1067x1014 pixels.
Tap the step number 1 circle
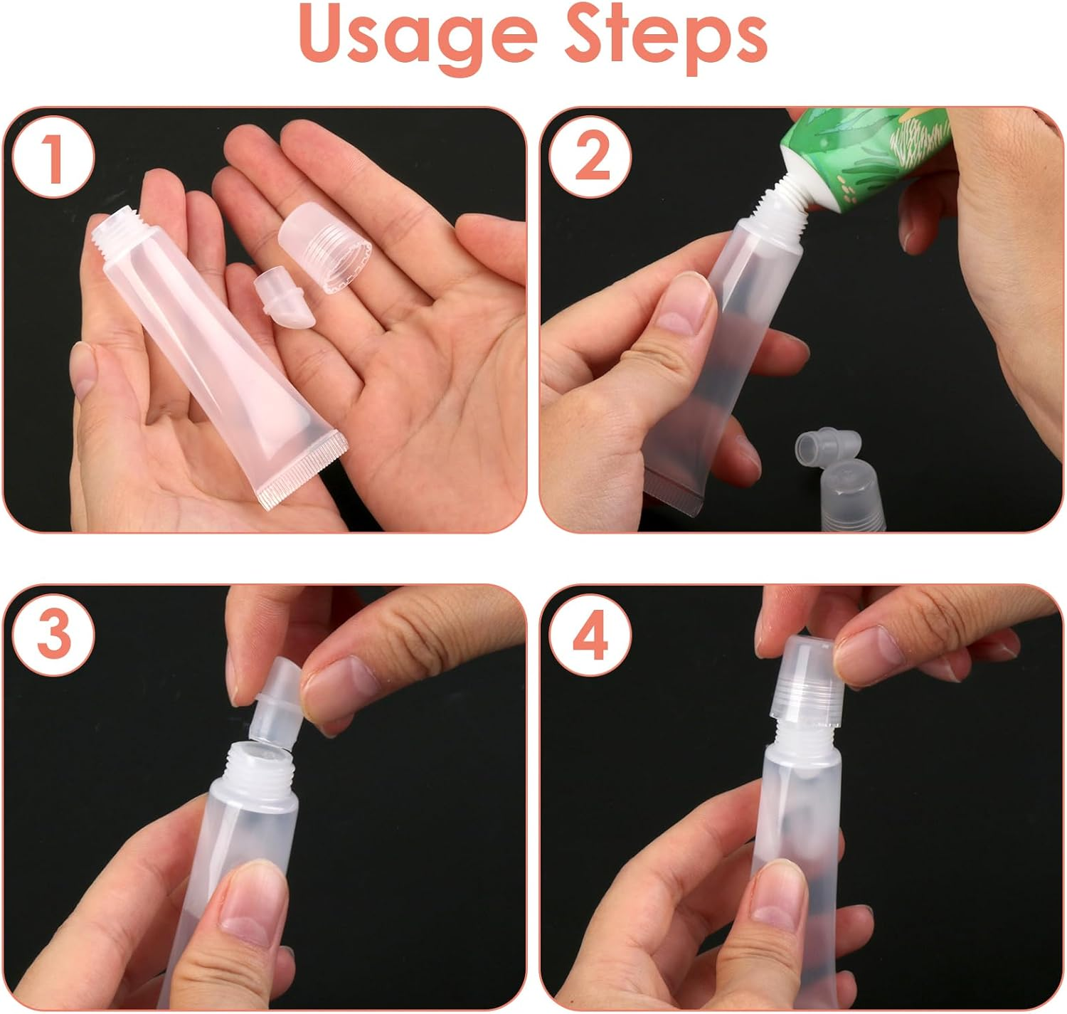tap(53, 157)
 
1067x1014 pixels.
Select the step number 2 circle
tap(590, 157)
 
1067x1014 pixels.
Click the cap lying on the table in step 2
tap(853, 495)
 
